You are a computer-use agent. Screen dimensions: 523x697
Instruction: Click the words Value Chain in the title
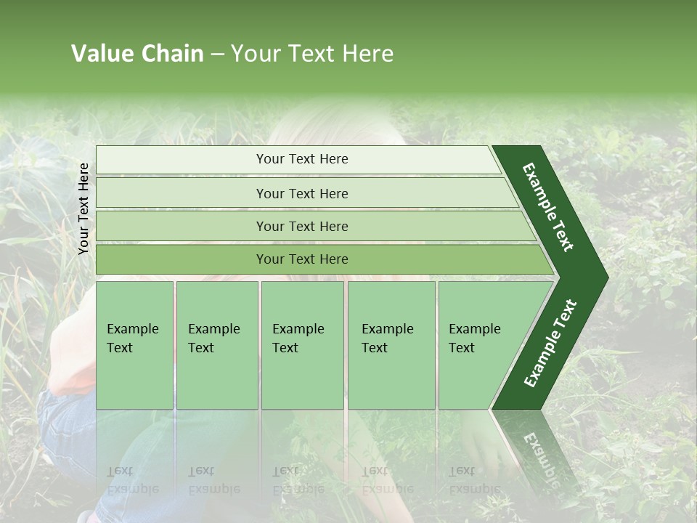137,54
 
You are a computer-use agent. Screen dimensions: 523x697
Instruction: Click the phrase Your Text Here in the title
312,54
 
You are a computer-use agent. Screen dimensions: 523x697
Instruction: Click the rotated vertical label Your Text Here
83,208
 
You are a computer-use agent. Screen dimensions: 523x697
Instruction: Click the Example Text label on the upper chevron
548,207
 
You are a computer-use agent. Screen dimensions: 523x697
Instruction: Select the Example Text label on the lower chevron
550,344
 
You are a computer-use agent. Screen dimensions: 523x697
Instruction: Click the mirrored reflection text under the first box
132,480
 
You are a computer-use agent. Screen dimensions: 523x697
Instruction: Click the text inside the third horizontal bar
302,226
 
